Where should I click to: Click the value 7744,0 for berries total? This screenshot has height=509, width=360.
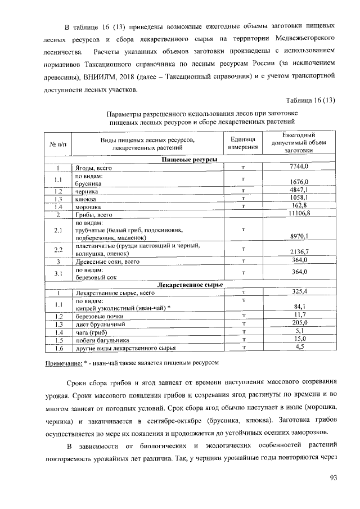299,168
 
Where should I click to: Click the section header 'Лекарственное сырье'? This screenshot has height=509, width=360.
188,285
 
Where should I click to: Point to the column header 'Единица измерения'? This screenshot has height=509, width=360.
243,143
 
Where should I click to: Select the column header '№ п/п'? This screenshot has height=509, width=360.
58,143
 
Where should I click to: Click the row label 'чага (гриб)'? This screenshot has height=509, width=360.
91,332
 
